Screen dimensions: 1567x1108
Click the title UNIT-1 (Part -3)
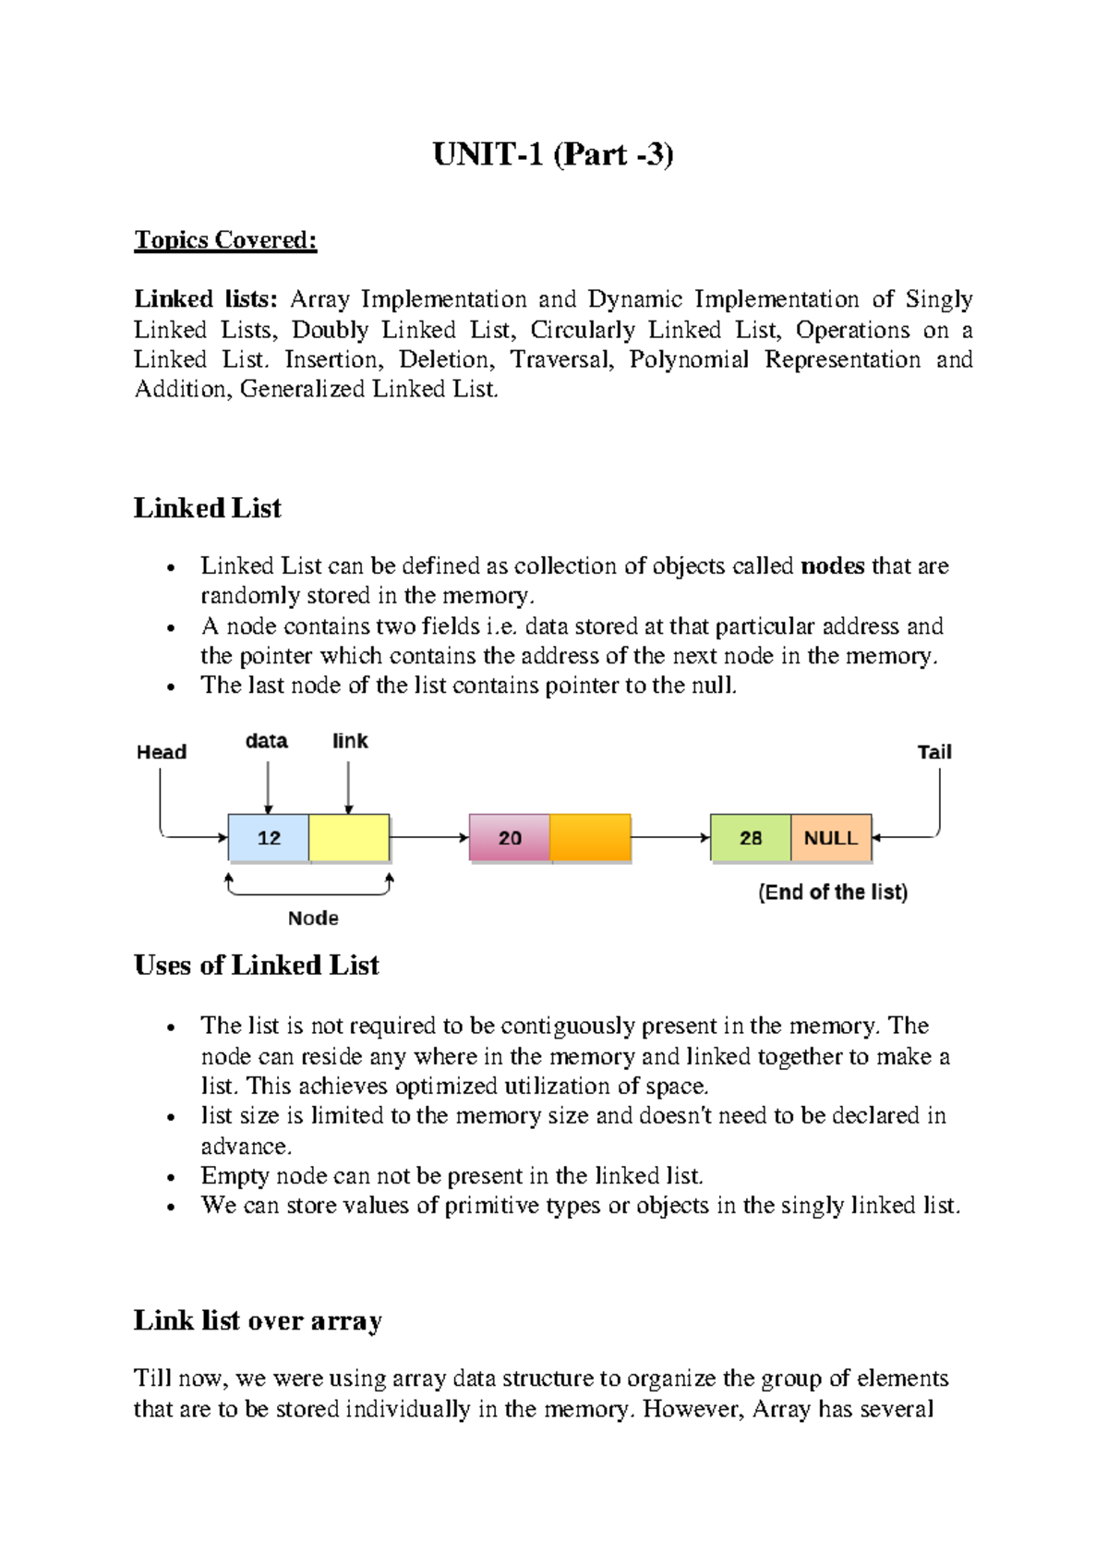pyautogui.click(x=553, y=154)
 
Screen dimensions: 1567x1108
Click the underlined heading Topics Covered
pyautogui.click(x=225, y=240)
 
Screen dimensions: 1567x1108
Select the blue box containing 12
pyautogui.click(x=269, y=838)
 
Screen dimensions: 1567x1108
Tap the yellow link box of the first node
pyautogui.click(x=349, y=838)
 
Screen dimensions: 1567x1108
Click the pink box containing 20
pyautogui.click(x=510, y=838)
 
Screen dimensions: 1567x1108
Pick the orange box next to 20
pyautogui.click(x=590, y=838)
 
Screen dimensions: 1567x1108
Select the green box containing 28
pyautogui.click(x=751, y=838)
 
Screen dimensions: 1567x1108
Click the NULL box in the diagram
pyautogui.click(x=830, y=838)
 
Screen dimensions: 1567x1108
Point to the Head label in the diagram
pyautogui.click(x=162, y=752)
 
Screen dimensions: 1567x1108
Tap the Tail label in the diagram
pyautogui.click(x=933, y=752)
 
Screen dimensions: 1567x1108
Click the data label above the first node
pyautogui.click(x=266, y=741)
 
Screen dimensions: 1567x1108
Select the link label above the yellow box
pyautogui.click(x=350, y=741)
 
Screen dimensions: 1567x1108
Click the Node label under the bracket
pyautogui.click(x=313, y=918)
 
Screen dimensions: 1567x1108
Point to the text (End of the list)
pyautogui.click(x=833, y=893)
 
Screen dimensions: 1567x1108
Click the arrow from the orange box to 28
pyautogui.click(x=670, y=838)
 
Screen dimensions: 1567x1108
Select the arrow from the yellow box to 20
pyautogui.click(x=429, y=838)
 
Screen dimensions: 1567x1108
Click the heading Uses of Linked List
pyautogui.click(x=257, y=966)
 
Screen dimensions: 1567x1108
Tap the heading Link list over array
pyautogui.click(x=258, y=1320)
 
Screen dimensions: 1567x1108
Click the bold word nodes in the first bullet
pyautogui.click(x=833, y=565)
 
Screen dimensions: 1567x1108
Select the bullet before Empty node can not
pyautogui.click(x=171, y=1178)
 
